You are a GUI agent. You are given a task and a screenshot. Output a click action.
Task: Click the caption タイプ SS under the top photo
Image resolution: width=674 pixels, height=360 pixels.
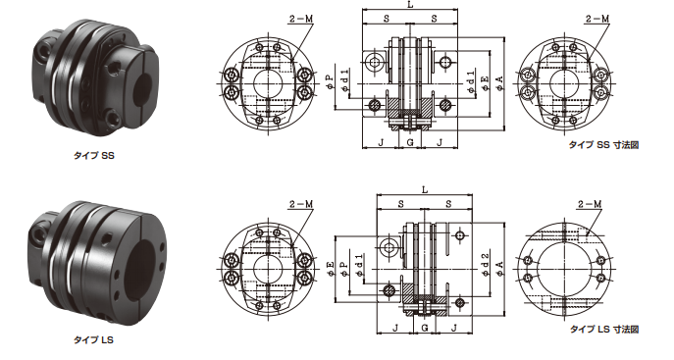[x=94, y=156]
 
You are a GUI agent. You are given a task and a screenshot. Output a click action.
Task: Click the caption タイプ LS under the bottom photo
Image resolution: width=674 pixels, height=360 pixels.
[x=94, y=339]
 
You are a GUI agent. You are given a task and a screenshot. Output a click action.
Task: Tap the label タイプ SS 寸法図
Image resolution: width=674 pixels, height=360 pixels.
[x=603, y=145]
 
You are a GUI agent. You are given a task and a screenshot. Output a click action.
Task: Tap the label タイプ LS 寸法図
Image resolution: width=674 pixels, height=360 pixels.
[x=604, y=330]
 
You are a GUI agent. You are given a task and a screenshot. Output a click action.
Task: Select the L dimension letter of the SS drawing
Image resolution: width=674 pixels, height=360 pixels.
[x=410, y=5]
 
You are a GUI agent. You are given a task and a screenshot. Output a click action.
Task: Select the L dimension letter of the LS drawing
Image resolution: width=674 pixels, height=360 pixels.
[x=425, y=190]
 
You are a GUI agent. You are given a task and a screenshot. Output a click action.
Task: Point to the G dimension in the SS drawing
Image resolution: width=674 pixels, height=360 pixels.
[x=410, y=142]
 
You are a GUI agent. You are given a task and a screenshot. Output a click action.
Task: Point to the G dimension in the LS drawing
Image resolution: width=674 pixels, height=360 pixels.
[x=425, y=328]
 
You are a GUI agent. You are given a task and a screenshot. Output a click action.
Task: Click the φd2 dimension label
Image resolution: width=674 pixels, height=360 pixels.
[x=486, y=265]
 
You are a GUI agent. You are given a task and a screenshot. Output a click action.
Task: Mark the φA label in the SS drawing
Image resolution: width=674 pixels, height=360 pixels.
[x=500, y=83]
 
